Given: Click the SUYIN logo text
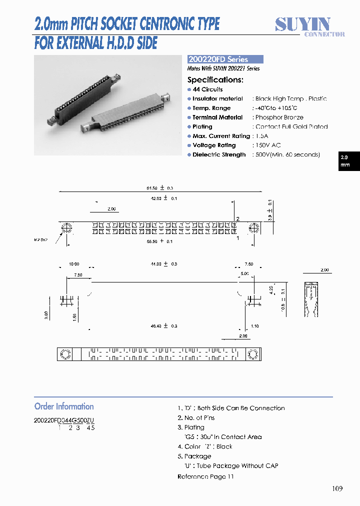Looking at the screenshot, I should (302, 23).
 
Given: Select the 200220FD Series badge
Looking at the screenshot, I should (224, 59).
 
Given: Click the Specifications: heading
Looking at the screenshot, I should (215, 79).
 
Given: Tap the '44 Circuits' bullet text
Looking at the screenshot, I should (207, 89).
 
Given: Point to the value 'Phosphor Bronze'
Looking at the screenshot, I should (279, 117).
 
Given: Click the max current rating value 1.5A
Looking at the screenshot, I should (261, 136).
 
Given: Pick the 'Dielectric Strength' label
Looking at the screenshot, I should (219, 155).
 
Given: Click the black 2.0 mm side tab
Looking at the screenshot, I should (348, 160).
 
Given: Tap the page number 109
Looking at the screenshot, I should (337, 488).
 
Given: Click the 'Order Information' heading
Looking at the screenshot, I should (64, 406).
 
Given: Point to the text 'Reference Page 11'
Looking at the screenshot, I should (205, 476).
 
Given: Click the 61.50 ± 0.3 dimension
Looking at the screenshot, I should (159, 188).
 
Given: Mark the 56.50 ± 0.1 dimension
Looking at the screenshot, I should (159, 241).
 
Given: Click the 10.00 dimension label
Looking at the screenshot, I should (74, 264).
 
